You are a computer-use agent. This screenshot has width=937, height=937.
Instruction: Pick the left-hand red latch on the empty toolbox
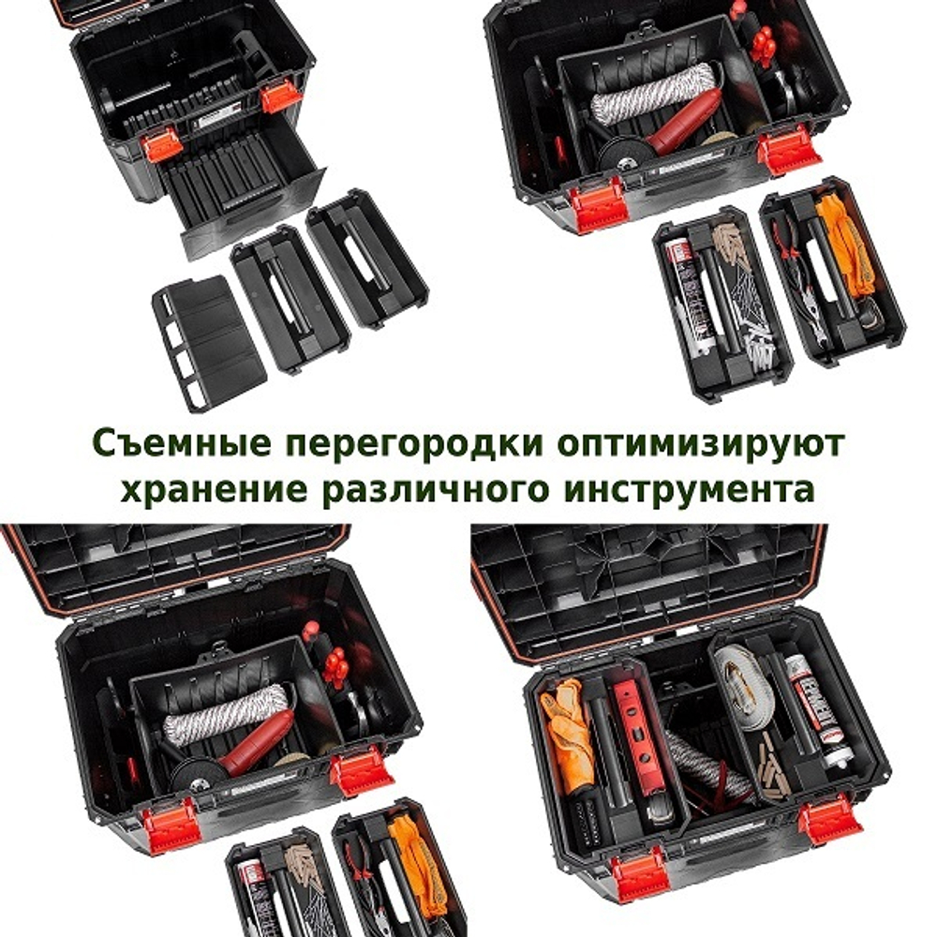162,144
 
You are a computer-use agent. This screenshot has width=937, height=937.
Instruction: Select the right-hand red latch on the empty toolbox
280,97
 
